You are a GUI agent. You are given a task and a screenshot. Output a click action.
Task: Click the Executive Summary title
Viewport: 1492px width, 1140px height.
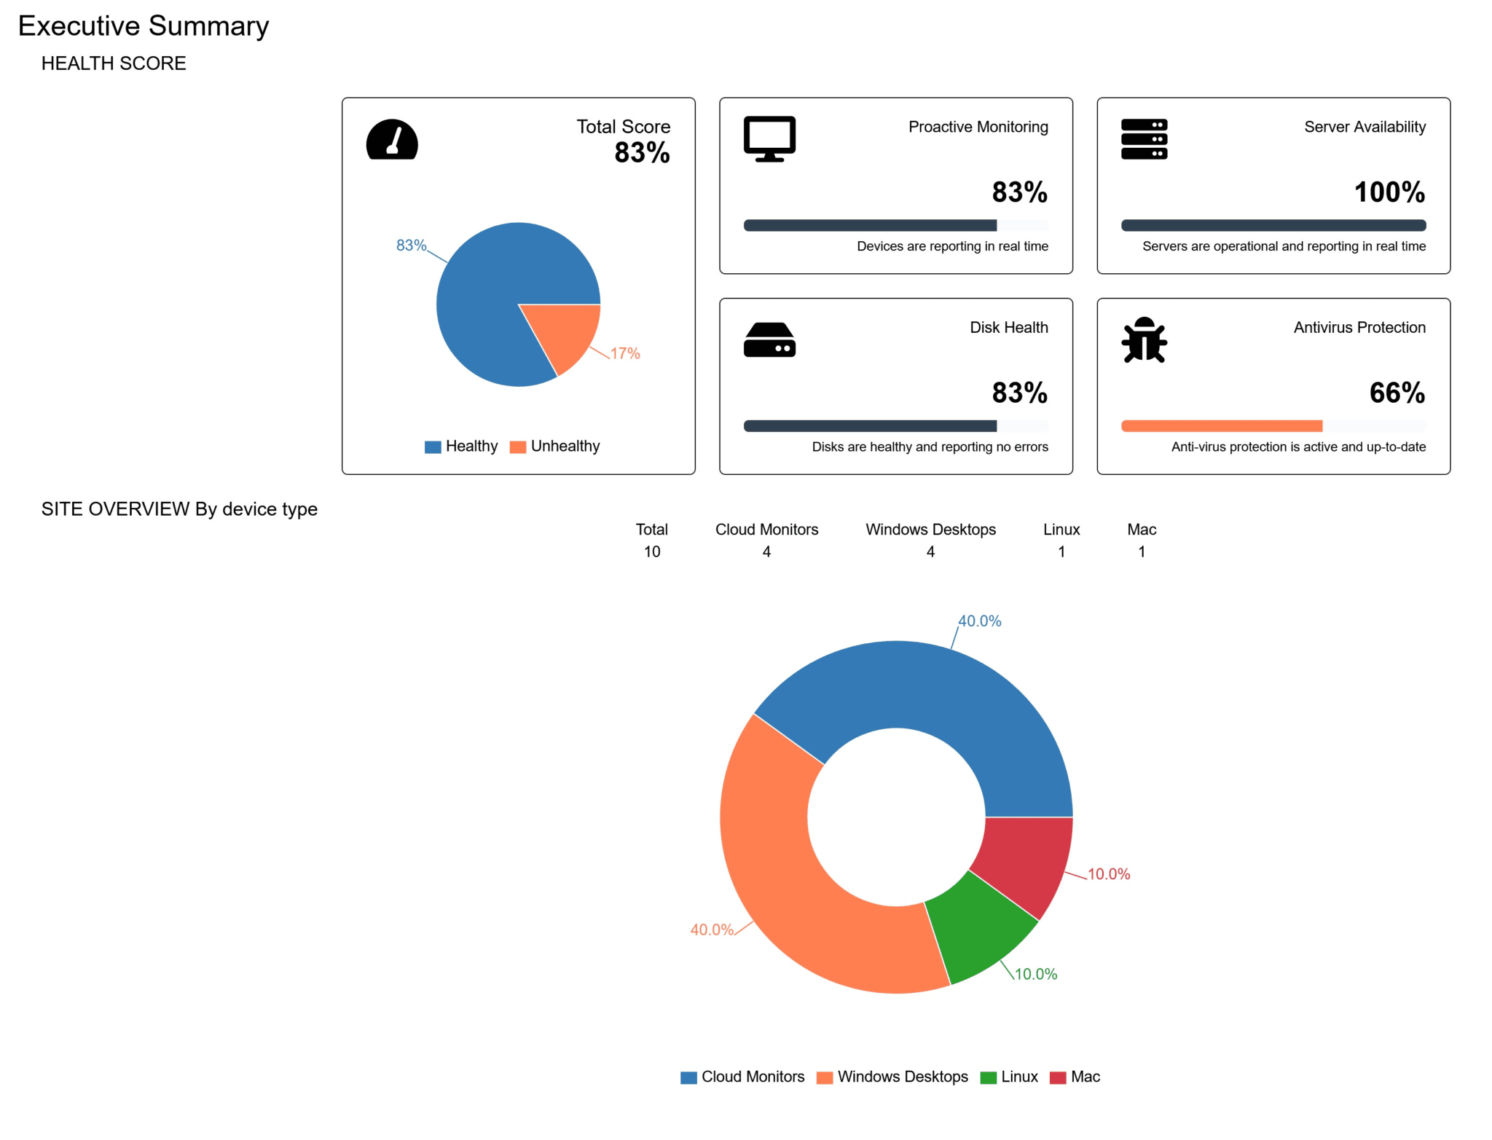(x=144, y=26)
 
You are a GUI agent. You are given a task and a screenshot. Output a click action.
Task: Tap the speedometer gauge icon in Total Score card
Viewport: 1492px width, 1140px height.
(x=392, y=140)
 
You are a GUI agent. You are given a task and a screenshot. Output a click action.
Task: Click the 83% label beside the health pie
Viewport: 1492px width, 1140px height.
(x=411, y=245)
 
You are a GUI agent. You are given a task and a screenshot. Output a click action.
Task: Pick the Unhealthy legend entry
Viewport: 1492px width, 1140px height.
(x=555, y=447)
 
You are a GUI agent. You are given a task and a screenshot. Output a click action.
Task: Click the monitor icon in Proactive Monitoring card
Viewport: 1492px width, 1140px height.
(x=769, y=138)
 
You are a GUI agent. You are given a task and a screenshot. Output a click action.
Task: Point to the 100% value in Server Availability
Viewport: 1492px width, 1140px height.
(x=1389, y=192)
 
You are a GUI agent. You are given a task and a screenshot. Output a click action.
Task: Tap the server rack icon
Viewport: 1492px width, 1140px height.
(x=1144, y=139)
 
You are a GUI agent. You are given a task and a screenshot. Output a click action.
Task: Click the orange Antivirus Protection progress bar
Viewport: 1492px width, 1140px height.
(x=1222, y=426)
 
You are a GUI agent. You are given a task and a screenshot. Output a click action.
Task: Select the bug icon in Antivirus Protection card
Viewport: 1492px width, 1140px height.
(x=1144, y=339)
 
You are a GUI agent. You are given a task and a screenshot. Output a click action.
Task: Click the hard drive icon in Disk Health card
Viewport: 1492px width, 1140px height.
(x=769, y=340)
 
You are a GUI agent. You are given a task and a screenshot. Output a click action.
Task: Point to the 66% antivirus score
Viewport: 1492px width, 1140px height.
(x=1397, y=393)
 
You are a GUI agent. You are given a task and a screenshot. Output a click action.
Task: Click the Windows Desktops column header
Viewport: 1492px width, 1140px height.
(x=930, y=530)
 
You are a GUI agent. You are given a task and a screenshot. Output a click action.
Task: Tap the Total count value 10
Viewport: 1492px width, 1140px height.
(x=652, y=552)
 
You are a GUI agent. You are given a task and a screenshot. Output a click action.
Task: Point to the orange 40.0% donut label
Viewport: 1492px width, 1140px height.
(x=712, y=930)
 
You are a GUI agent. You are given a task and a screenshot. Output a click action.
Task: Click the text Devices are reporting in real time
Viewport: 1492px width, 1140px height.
(x=952, y=246)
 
